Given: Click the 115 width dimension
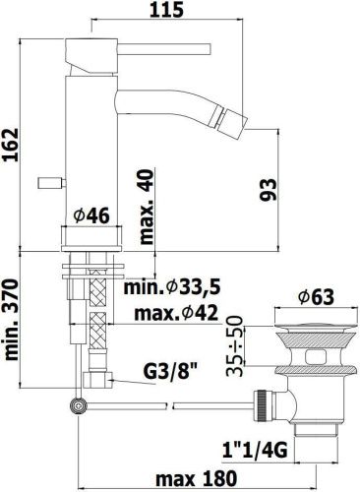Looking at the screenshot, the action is (166, 10).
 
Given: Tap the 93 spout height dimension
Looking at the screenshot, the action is (269, 189).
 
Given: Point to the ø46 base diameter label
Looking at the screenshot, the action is (91, 215).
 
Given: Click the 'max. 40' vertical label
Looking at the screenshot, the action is (147, 207).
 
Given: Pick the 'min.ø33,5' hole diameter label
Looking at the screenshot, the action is (171, 287).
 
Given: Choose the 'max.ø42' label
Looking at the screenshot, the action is (176, 313).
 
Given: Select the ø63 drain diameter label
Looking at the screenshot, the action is (316, 297).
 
